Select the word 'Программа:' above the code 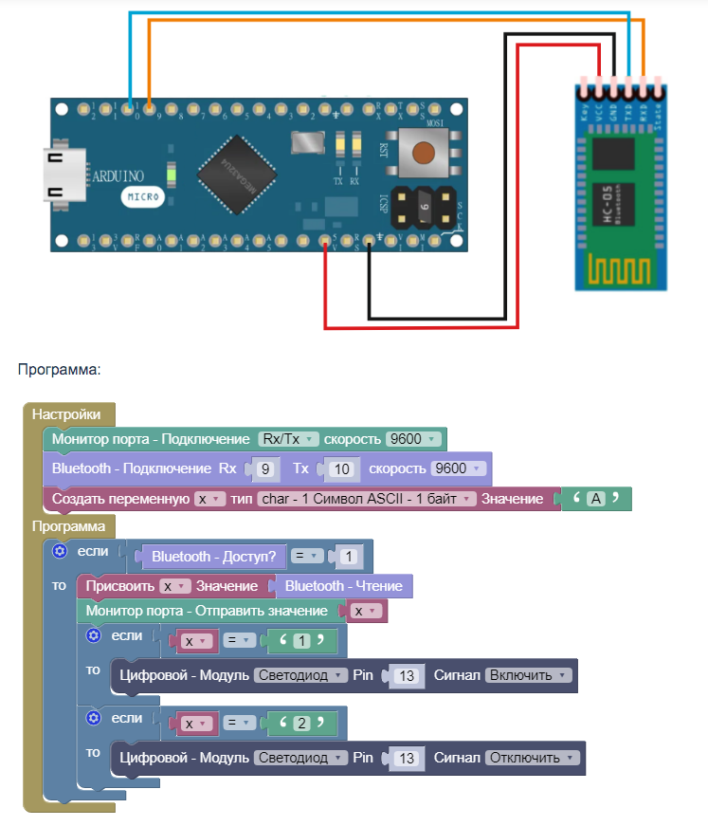pos(59,369)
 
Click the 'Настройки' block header pos(66,414)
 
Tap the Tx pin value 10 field pos(341,468)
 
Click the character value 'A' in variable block pos(595,499)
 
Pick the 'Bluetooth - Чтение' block pos(343,586)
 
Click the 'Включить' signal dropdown pos(529,676)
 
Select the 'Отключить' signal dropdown pos(532,758)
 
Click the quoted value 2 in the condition pos(301,724)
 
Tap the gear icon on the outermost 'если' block pos(59,551)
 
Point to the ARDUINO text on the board pos(118,175)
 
